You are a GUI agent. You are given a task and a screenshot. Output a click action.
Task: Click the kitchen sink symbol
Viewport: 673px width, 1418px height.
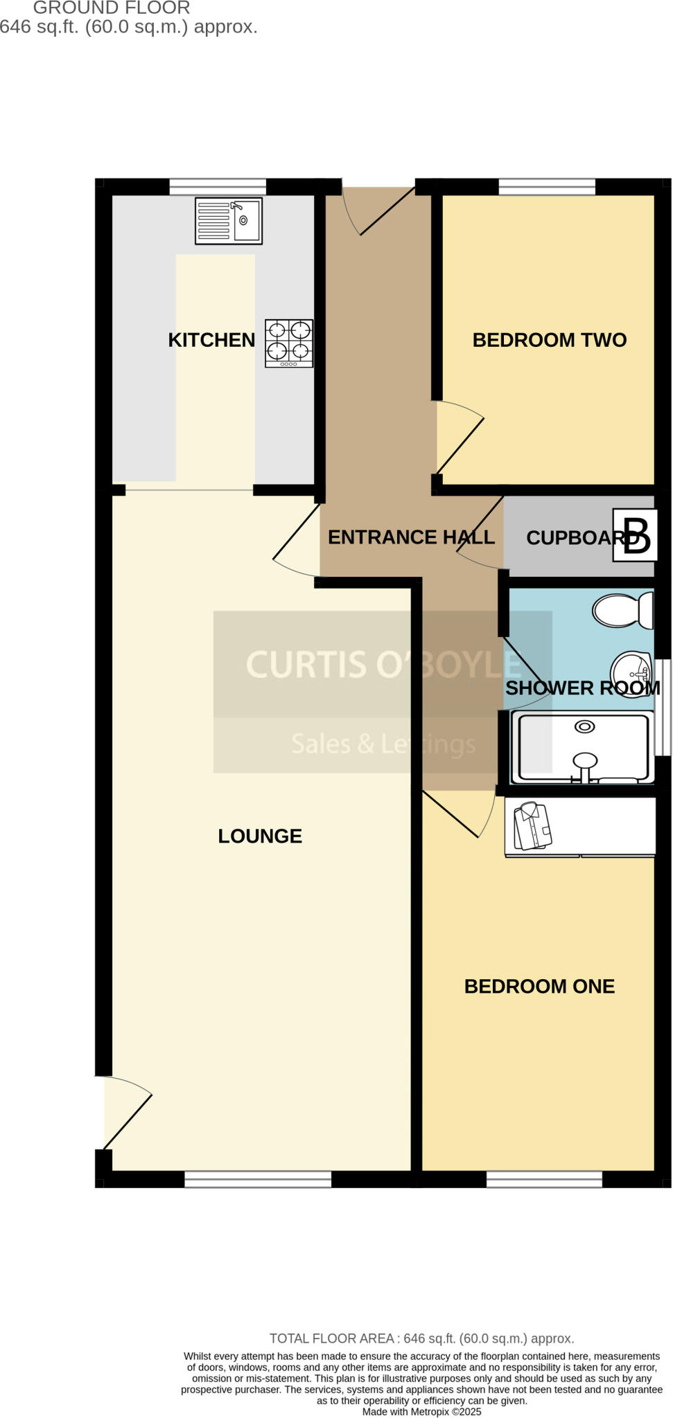[x=229, y=221]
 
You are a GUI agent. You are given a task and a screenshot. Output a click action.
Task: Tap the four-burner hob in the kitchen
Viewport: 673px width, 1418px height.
[x=289, y=343]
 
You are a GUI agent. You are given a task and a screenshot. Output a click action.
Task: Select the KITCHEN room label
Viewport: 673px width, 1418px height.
[x=211, y=340]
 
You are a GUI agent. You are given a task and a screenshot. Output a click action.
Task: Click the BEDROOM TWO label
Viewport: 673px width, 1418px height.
[x=549, y=340]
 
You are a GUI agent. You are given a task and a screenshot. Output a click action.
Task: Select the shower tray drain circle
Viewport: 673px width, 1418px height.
[x=585, y=726]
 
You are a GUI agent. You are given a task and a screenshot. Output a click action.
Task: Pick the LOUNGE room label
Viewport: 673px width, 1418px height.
[x=260, y=836]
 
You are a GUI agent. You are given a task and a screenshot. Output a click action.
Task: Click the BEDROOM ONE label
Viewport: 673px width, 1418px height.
[x=539, y=987]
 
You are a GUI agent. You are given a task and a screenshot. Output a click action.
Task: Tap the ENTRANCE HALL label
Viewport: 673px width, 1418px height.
[x=411, y=537]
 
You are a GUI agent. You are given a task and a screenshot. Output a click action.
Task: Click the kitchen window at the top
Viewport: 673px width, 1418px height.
[x=218, y=186]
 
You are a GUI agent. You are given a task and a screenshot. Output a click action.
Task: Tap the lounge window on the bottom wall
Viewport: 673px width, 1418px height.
[x=258, y=1178]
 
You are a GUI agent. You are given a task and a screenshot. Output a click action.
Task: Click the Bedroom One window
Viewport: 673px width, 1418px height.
[x=544, y=1178]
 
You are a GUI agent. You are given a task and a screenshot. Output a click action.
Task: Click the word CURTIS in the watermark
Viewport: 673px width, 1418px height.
[x=306, y=665]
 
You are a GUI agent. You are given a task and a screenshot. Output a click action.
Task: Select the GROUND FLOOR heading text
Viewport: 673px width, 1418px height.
[x=112, y=8]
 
